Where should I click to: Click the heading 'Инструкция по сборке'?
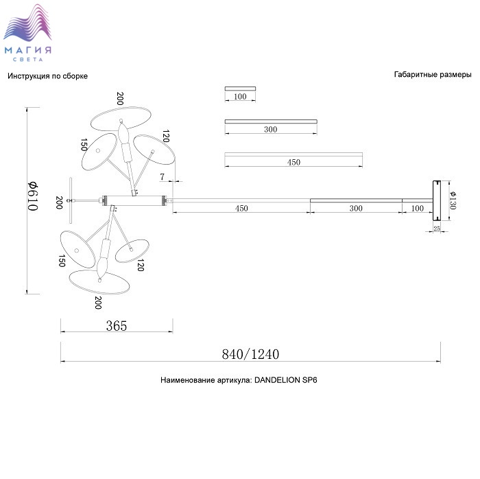click(x=47, y=76)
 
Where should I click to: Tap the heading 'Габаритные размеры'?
click(x=433, y=74)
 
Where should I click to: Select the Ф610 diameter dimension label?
click(x=33, y=196)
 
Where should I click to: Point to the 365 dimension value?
click(x=117, y=325)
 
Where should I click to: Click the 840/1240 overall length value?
click(x=250, y=354)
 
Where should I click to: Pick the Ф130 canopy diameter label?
click(x=453, y=200)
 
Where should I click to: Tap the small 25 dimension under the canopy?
click(x=437, y=228)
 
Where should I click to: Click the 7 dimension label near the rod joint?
click(x=162, y=177)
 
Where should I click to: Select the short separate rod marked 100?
click(x=240, y=89)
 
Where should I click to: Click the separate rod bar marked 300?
click(x=271, y=121)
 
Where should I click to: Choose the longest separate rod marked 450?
click(x=293, y=154)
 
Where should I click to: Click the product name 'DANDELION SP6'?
click(x=286, y=380)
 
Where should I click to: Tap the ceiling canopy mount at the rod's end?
click(x=437, y=200)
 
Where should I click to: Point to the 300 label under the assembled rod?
click(x=356, y=208)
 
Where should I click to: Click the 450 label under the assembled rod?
click(x=241, y=208)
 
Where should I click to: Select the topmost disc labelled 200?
click(x=121, y=119)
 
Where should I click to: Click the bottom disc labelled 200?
click(x=99, y=282)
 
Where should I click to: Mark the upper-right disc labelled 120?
click(x=154, y=150)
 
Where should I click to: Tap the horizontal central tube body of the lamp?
click(x=135, y=200)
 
